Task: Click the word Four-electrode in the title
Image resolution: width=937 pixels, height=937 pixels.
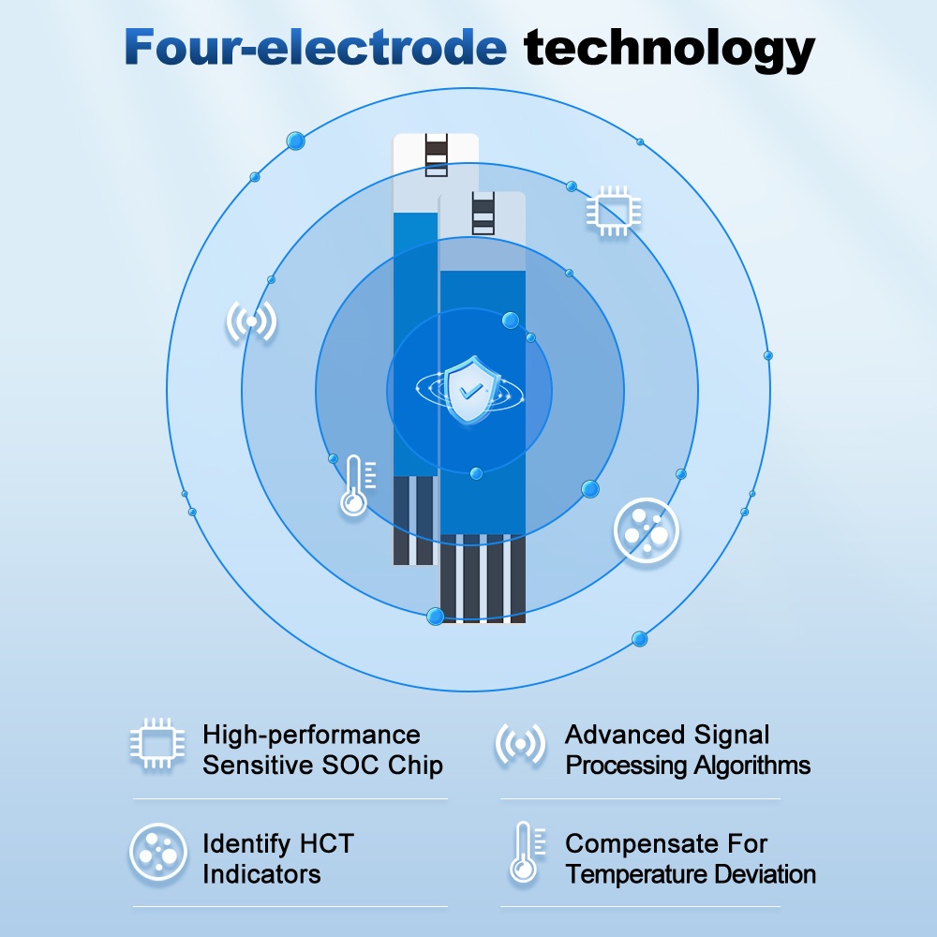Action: click(x=316, y=47)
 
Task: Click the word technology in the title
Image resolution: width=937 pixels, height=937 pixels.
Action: click(x=669, y=51)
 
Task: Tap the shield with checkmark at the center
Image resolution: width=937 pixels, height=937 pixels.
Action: click(x=470, y=390)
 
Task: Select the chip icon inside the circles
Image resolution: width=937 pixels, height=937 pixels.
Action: click(x=614, y=211)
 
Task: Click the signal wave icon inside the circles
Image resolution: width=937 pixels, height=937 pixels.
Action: click(x=251, y=321)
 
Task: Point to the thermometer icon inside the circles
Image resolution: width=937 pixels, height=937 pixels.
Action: click(x=357, y=485)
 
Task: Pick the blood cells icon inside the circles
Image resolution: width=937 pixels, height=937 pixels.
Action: click(x=646, y=530)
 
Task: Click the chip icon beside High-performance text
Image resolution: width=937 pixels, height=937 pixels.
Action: click(x=157, y=743)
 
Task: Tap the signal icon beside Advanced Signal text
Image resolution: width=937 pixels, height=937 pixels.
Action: click(x=520, y=743)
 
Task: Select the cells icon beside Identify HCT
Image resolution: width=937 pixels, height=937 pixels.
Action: click(x=158, y=853)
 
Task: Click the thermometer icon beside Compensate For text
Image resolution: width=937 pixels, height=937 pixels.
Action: click(x=527, y=853)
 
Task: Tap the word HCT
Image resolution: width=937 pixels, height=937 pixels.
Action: click(x=326, y=844)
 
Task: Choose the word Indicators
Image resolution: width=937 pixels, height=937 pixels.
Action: click(x=261, y=874)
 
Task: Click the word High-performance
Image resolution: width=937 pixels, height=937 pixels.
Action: click(x=311, y=736)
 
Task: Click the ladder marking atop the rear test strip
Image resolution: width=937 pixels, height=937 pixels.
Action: click(x=437, y=155)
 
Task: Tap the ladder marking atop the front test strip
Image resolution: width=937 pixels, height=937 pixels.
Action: click(x=483, y=214)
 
